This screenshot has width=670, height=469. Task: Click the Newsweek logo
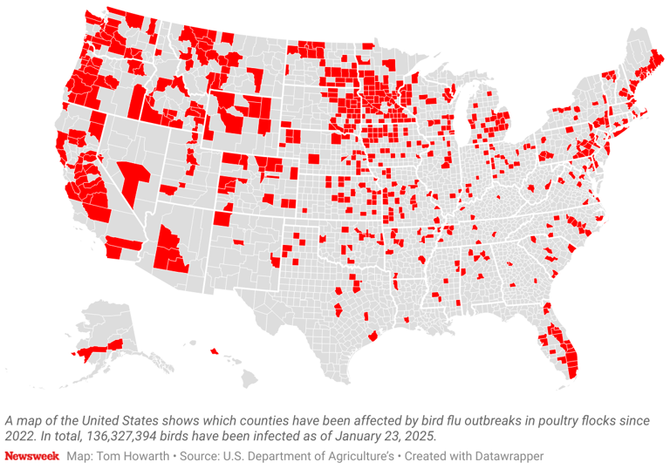pos(32,456)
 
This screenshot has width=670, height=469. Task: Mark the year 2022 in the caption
pos(21,436)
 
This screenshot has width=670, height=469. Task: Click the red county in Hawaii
pos(214,352)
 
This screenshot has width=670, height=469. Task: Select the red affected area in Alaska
pos(96,350)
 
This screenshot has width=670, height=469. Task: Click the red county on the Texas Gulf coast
pos(373,336)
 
